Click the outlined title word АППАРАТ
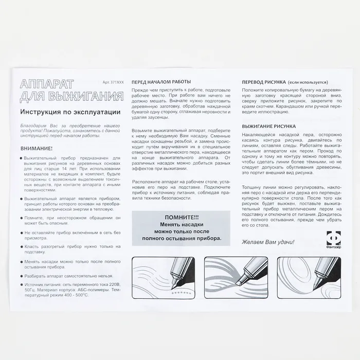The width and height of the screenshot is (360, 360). click(46, 85)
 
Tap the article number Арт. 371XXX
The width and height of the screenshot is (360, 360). click(113, 82)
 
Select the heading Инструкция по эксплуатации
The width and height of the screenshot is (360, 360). click(70, 112)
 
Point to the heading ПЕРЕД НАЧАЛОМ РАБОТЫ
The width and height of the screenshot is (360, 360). click(161, 82)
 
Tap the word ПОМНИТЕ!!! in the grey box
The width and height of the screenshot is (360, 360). click(178, 218)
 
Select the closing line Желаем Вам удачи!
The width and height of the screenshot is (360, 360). click(268, 241)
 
